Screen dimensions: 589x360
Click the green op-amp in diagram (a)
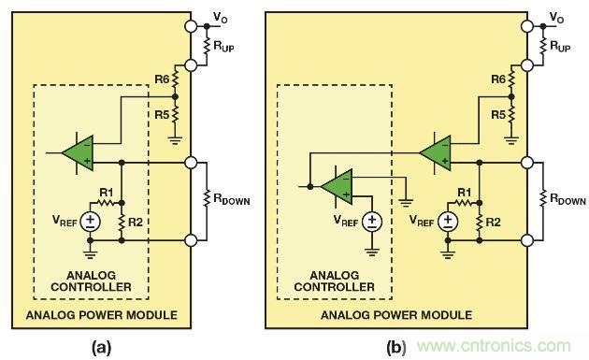pos(79,153)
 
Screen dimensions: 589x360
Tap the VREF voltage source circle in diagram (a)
pos(90,222)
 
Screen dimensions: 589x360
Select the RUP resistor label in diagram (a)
pos(223,46)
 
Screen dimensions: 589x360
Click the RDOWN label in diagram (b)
pos(568,199)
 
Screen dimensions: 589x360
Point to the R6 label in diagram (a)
pos(163,79)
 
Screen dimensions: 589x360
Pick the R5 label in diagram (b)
pos(498,115)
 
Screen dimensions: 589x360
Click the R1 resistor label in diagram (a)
pos(107,193)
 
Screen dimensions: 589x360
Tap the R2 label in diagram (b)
pos(493,223)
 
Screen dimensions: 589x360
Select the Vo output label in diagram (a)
pos(220,18)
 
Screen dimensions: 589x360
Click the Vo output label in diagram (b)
pos(556,18)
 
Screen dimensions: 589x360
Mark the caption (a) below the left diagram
pos(101,347)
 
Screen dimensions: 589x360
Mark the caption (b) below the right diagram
pos(395,347)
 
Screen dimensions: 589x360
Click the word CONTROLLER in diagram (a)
pos(91,287)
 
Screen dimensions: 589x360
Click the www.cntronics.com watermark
pos(494,346)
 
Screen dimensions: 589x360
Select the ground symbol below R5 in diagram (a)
pos(175,141)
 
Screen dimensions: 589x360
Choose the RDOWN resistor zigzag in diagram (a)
pos(207,199)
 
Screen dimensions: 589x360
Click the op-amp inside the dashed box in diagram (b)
pos(337,186)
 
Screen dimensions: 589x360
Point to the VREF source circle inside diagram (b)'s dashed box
pos(372,222)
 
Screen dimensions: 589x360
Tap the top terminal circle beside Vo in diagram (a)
pos(191,26)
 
